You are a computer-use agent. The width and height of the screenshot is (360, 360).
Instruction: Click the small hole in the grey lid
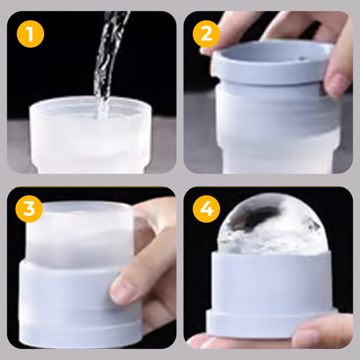[303, 58]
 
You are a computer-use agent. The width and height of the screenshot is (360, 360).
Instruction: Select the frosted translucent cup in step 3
[79, 234]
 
